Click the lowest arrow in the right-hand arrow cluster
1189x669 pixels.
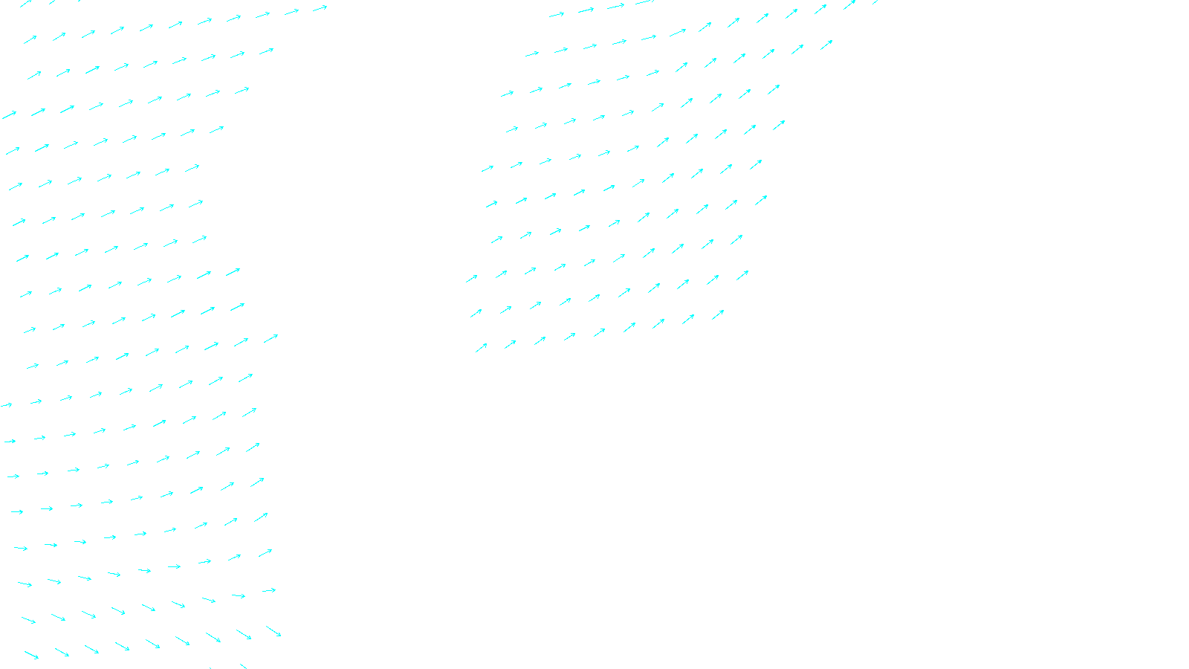(482, 347)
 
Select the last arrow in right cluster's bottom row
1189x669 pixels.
(718, 315)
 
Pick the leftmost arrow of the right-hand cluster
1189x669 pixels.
(472, 279)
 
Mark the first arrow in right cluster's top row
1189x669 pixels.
(557, 15)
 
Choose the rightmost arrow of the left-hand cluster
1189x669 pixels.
(320, 9)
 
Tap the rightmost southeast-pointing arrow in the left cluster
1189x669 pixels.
(273, 631)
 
